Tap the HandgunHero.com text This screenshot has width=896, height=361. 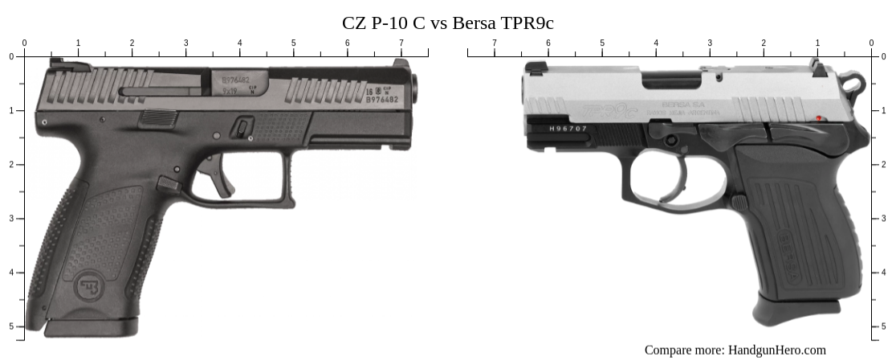click(776, 350)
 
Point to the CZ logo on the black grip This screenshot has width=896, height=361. click(87, 285)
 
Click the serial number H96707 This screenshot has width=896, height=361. click(568, 129)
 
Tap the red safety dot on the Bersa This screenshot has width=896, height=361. click(818, 119)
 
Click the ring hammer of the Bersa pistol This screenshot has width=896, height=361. click(853, 81)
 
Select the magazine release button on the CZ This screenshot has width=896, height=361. click(168, 184)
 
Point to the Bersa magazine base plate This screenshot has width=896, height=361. click(795, 310)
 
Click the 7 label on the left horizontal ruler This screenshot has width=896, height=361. click(401, 43)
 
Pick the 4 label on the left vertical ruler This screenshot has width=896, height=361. click(10, 273)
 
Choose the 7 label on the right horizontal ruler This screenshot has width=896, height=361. click(494, 43)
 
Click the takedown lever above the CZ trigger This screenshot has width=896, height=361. click(242, 127)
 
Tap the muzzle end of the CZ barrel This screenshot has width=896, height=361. click(418, 86)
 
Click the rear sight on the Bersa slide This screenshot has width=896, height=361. click(819, 68)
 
